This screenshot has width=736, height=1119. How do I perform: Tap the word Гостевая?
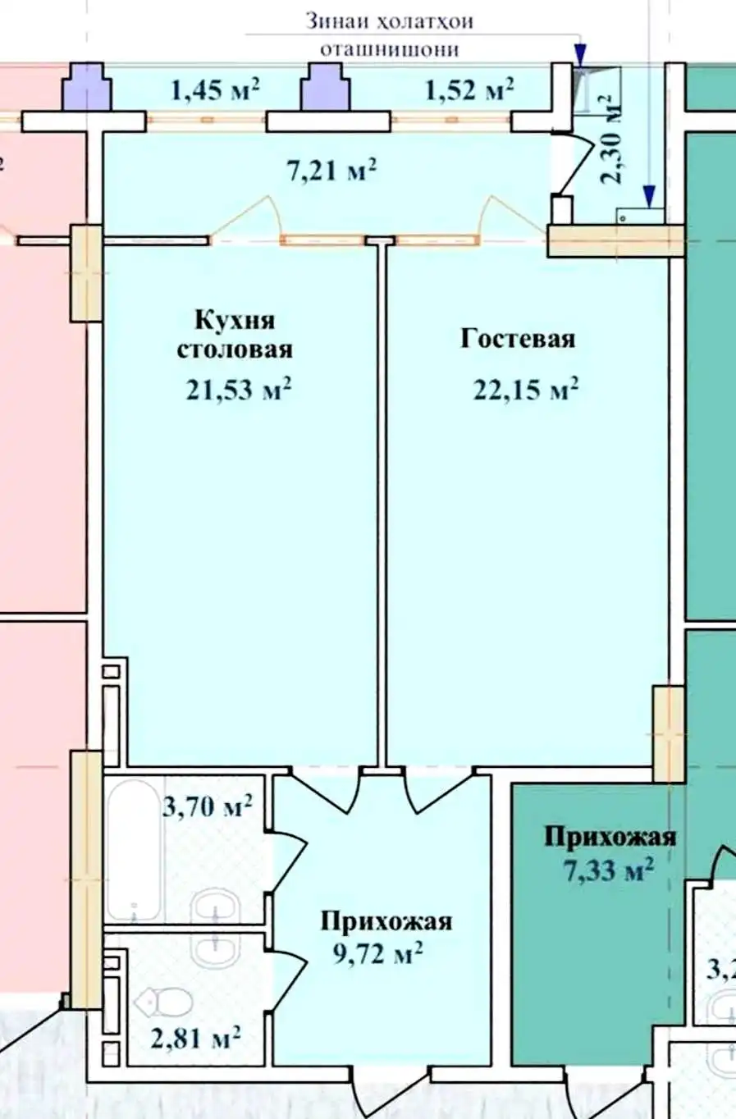tap(518, 338)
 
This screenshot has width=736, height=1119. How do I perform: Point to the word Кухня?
tap(235, 320)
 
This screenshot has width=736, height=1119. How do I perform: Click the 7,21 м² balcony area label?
tap(331, 171)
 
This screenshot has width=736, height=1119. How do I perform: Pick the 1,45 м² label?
tap(215, 89)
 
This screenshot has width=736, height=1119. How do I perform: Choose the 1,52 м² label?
tap(469, 89)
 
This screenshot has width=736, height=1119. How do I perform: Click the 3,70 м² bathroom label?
tap(208, 806)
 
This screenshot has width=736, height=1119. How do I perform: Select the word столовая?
tap(235, 349)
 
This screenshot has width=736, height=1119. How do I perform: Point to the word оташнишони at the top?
tap(389, 50)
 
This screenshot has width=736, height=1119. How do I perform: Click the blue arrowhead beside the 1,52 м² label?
tap(579, 54)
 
